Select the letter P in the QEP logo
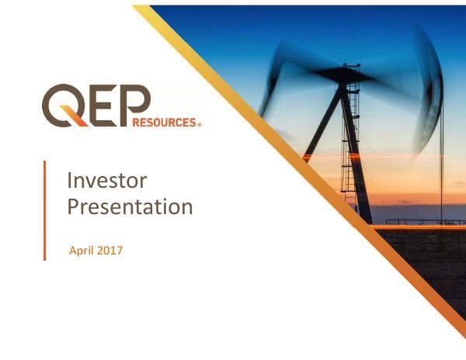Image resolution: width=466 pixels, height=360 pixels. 134,101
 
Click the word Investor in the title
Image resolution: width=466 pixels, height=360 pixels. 106,181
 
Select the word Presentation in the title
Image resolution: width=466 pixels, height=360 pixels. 130,207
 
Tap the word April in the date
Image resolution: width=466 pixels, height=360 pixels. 82,251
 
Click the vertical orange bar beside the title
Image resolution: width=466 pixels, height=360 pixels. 44,210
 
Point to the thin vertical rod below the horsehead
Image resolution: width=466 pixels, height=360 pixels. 441,171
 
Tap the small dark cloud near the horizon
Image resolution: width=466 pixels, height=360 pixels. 405,202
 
